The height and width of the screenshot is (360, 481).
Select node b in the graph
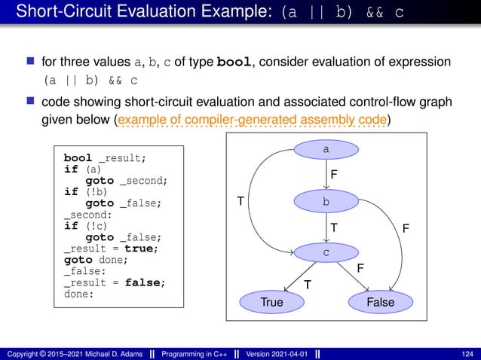pyautogui.click(x=326, y=202)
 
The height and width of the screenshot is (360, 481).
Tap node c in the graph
pyautogui.click(x=326, y=252)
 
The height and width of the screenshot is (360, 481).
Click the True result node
pyautogui.click(x=277, y=302)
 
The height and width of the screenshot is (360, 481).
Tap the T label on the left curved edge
pyautogui.click(x=240, y=202)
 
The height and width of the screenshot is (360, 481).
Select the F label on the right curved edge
pyautogui.click(x=406, y=227)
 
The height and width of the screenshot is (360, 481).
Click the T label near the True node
pyautogui.click(x=307, y=284)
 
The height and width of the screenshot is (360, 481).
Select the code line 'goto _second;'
pyautogui.click(x=127, y=180)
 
